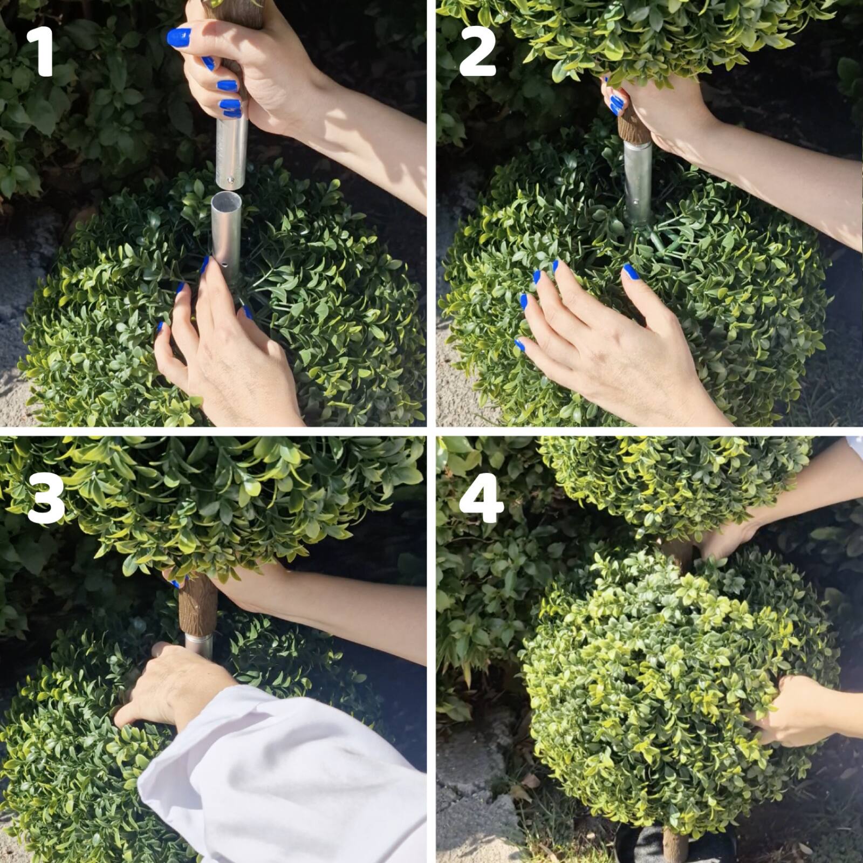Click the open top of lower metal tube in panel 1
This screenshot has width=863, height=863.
(x=227, y=198)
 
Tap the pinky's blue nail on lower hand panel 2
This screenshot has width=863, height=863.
(x=520, y=345)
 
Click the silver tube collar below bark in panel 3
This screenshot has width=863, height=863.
(x=198, y=645)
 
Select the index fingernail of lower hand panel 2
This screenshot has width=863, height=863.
(x=555, y=265)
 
